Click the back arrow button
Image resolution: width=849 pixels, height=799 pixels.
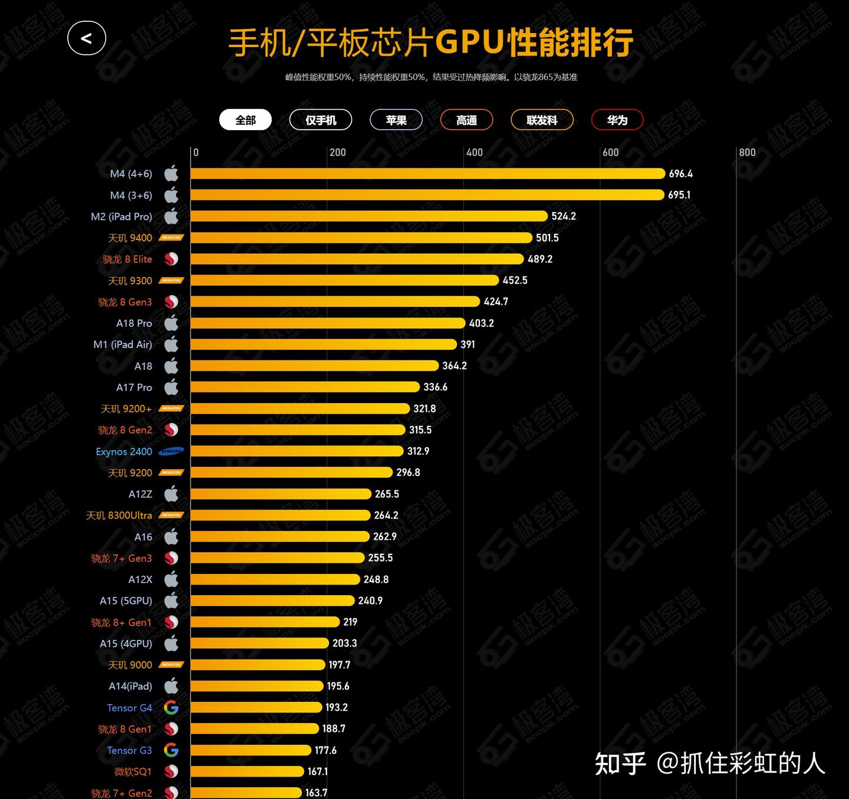point(87,38)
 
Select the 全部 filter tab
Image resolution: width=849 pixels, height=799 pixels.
point(245,120)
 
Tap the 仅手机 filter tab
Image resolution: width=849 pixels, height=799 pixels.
point(321,120)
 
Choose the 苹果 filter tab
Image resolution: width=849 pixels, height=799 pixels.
point(396,120)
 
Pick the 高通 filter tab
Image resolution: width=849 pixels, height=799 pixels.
point(466,120)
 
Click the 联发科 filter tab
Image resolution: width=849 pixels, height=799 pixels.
point(542,120)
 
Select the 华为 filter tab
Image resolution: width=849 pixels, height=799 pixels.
point(617,120)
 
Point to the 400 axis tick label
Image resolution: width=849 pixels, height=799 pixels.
point(474,153)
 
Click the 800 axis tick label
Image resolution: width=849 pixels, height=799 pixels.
point(747,153)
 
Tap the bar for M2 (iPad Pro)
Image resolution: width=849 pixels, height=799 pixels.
point(369,216)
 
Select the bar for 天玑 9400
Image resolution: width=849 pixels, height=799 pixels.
point(361,237)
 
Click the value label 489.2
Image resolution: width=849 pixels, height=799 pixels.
point(540,259)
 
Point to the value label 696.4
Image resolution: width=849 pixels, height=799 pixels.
point(681,174)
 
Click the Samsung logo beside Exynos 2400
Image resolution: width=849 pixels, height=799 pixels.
point(172,451)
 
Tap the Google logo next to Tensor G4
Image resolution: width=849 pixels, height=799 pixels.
point(171,708)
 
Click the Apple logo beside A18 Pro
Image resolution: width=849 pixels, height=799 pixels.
point(171,323)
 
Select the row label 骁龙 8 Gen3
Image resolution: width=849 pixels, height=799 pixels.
point(125,302)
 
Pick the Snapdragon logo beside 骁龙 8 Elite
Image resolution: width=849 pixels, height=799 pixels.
point(171,259)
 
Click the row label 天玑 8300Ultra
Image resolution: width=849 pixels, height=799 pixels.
point(119,516)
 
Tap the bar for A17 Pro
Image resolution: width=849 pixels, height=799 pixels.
point(305,387)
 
